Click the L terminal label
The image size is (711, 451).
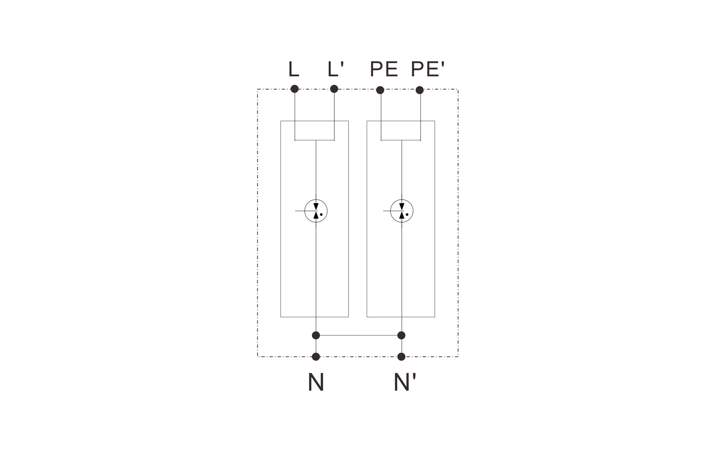click(293, 69)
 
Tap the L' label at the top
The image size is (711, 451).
click(336, 69)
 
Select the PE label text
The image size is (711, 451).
click(383, 69)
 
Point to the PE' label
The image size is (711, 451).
click(427, 69)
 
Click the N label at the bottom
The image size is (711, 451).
click(316, 382)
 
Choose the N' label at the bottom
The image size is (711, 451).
click(404, 382)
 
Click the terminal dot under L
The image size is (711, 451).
click(294, 89)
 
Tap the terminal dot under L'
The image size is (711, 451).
click(334, 89)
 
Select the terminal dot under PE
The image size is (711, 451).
click(380, 90)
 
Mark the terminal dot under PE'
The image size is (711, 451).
click(420, 90)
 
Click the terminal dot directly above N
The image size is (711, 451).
click(316, 357)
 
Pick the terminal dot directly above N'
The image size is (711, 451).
click(401, 357)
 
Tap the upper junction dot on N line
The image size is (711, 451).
click(316, 335)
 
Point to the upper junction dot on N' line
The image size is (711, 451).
click(401, 335)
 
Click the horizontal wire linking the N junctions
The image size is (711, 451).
click(358, 335)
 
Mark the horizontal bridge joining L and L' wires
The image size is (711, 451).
click(315, 140)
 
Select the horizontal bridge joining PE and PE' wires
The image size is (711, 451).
click(401, 140)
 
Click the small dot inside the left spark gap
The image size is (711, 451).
click(321, 215)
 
